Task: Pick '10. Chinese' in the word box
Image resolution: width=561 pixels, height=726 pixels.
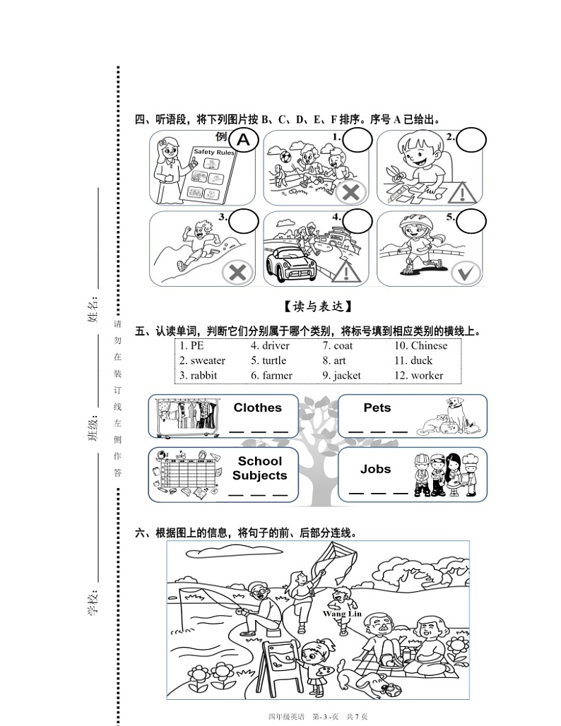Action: click(x=420, y=345)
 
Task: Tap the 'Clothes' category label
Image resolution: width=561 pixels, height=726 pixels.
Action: click(x=257, y=407)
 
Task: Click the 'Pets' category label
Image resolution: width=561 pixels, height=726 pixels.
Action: click(x=377, y=407)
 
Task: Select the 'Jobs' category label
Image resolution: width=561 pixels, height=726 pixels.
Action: click(x=375, y=469)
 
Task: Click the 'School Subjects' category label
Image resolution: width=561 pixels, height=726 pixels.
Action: click(x=259, y=468)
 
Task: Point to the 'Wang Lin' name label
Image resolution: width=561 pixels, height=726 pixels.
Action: click(x=341, y=614)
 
